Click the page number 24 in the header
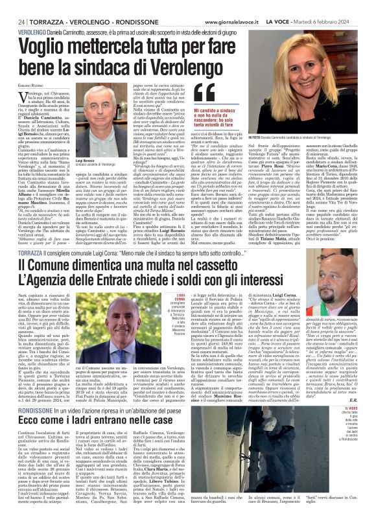pyautogui.click(x=12, y=5)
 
